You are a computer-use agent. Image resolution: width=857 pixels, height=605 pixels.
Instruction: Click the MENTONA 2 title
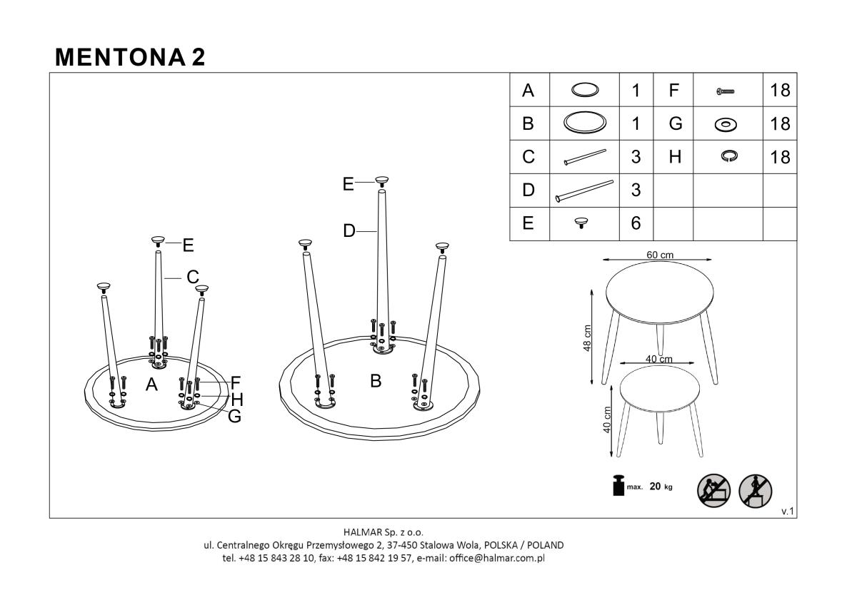pos(130,57)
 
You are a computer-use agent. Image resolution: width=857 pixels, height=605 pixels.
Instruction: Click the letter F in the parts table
pos(673,90)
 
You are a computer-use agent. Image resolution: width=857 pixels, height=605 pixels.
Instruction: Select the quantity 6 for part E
pos(636,223)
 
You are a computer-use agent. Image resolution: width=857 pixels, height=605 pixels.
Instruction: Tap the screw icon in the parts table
pos(725,91)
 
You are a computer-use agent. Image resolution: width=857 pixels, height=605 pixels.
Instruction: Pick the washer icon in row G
pos(726,125)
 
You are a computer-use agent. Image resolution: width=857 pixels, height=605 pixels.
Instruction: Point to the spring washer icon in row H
pos(729,156)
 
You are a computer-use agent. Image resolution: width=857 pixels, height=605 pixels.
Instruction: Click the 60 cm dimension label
pos(660,255)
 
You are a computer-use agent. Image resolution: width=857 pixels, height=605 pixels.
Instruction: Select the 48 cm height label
pos(587,338)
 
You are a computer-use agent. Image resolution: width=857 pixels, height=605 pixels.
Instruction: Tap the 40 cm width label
pos(658,359)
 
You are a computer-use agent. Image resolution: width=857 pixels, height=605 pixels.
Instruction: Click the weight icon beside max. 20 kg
pos(618,486)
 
